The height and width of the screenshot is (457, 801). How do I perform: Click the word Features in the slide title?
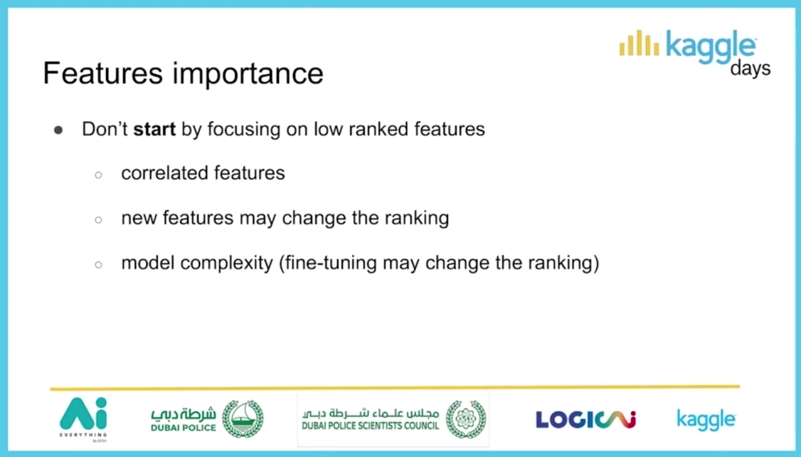click(102, 73)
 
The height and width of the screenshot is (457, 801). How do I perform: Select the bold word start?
click(154, 129)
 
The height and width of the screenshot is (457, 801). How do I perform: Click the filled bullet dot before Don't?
click(59, 131)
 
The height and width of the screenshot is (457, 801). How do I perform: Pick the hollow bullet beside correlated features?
click(99, 175)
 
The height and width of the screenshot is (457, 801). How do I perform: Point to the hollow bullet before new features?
click(99, 220)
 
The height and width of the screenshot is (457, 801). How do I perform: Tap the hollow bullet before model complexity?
click(99, 265)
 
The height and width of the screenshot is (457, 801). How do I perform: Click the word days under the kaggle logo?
click(751, 68)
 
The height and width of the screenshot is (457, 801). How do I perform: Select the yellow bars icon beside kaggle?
click(639, 43)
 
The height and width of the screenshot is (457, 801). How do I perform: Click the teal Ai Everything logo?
click(83, 419)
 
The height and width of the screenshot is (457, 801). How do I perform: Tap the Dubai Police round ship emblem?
click(243, 418)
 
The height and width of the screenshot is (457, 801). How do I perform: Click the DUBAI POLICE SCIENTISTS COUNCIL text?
click(370, 426)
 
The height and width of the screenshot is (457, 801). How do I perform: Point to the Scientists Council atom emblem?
click(465, 419)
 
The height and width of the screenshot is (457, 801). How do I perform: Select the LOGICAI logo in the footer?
click(586, 420)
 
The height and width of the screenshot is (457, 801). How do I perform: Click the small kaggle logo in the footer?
click(706, 420)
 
